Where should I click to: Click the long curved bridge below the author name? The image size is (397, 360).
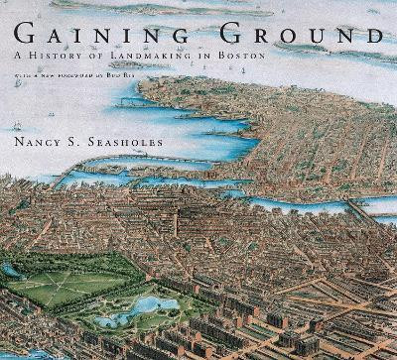(x=119, y=162)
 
